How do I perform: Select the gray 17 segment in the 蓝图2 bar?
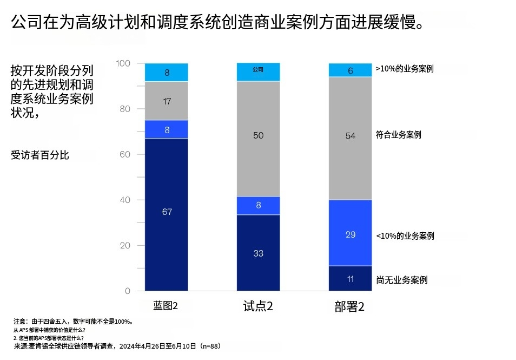point(167,101)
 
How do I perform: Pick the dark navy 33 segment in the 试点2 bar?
point(259,253)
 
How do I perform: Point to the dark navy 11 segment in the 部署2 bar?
point(350,278)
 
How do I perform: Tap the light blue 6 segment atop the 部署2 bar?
point(350,70)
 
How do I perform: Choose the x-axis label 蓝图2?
point(166,306)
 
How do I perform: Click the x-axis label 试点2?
point(258,306)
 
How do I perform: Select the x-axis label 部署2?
point(349,306)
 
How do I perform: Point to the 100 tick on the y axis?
point(123,63)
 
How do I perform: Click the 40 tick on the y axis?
point(125,200)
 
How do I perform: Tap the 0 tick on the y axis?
point(128,291)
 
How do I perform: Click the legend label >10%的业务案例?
point(405,69)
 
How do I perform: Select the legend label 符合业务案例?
point(398,135)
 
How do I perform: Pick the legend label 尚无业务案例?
point(402,280)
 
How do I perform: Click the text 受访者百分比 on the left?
point(40,155)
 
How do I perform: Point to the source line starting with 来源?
point(117,346)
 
